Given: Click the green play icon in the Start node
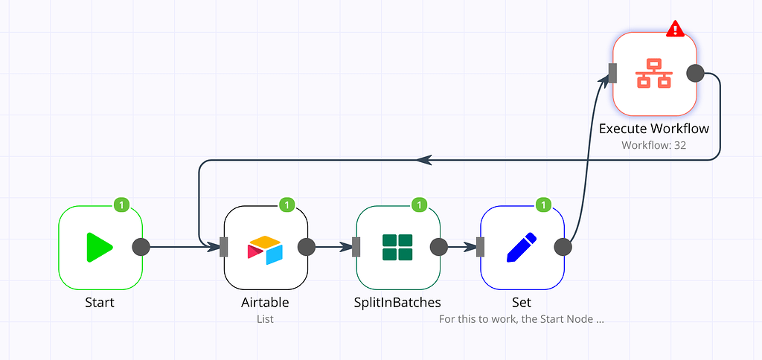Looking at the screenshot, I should (x=99, y=247).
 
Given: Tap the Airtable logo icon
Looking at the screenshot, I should (x=266, y=250).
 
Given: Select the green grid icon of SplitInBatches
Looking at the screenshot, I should (x=397, y=247).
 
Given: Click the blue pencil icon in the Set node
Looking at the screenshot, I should (x=522, y=247).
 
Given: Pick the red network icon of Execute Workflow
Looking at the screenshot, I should (x=654, y=73).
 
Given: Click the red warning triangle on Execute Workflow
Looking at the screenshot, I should (x=675, y=29).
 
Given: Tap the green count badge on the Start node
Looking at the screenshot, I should (x=121, y=204).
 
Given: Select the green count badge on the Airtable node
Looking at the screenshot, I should (x=287, y=204).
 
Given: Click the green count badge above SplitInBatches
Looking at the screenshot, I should (x=419, y=204).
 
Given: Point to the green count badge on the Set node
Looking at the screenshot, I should (x=543, y=204).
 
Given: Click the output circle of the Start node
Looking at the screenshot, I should (x=141, y=247).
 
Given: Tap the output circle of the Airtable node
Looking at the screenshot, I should (x=307, y=247).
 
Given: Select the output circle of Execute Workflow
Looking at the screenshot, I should (x=695, y=73).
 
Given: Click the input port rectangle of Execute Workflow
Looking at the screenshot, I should (x=613, y=73).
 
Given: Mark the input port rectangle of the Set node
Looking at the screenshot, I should (x=481, y=247).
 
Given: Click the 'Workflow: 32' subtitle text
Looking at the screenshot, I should (x=653, y=145).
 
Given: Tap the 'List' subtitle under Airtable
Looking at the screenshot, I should (x=265, y=319).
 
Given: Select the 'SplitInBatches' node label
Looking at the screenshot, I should (x=397, y=303).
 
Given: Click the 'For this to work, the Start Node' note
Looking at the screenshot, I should (x=521, y=319).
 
